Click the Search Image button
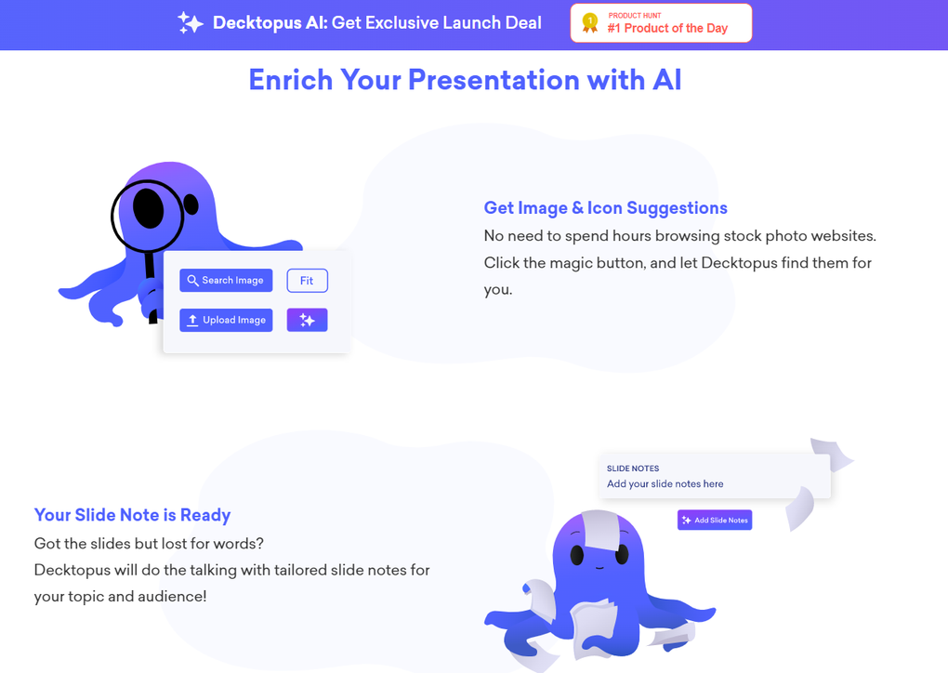(x=226, y=281)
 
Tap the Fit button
(x=307, y=281)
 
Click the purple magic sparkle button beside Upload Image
(x=307, y=320)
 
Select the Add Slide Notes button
(x=715, y=520)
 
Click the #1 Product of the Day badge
(x=661, y=23)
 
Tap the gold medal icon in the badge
(x=590, y=23)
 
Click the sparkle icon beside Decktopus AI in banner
(x=191, y=23)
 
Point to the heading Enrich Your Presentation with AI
(x=465, y=80)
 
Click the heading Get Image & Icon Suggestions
(x=605, y=208)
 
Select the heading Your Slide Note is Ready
(x=132, y=515)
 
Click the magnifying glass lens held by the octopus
(x=148, y=216)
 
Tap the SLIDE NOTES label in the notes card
(x=633, y=468)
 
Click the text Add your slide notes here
(x=665, y=483)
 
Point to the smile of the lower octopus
(x=599, y=568)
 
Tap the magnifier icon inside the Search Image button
(x=193, y=281)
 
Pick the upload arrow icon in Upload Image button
(x=192, y=320)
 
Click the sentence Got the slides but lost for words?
(x=149, y=543)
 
